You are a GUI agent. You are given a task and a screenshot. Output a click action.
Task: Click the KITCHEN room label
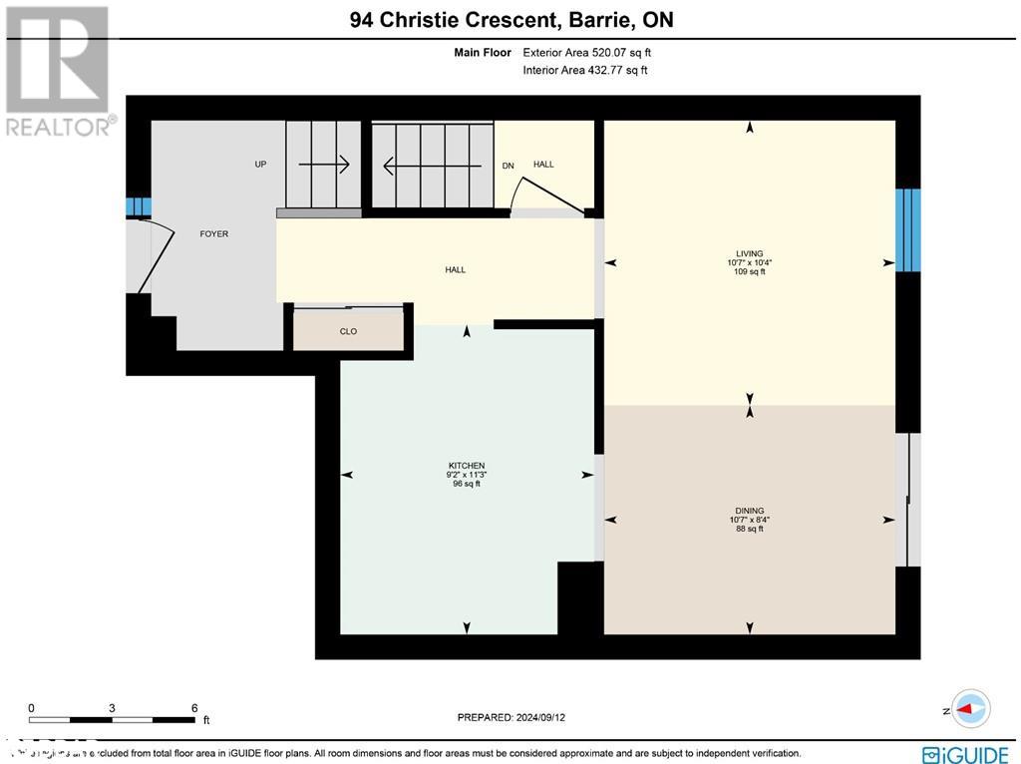pyautogui.click(x=466, y=466)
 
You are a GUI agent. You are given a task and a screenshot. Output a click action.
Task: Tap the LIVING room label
pyautogui.click(x=750, y=254)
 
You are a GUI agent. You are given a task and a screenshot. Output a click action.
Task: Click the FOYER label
pyautogui.click(x=214, y=234)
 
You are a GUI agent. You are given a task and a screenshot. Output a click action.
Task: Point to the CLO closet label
pyautogui.click(x=348, y=332)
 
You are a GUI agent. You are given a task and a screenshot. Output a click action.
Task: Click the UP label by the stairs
pyautogui.click(x=260, y=165)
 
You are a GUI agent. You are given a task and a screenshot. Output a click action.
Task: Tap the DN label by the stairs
pyautogui.click(x=508, y=166)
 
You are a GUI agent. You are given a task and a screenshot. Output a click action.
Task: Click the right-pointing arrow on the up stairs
pyautogui.click(x=323, y=165)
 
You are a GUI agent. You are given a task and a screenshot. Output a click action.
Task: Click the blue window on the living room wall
pyautogui.click(x=907, y=229)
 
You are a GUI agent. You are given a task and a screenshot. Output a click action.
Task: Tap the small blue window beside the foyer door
pyautogui.click(x=138, y=207)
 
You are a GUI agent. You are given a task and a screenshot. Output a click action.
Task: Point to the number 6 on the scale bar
pyautogui.click(x=194, y=708)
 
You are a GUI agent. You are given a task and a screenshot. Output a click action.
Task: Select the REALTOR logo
pyautogui.click(x=58, y=70)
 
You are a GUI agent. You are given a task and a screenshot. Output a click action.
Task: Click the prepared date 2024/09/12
pyautogui.click(x=545, y=717)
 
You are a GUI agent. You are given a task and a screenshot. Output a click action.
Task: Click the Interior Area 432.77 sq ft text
pyautogui.click(x=584, y=70)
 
